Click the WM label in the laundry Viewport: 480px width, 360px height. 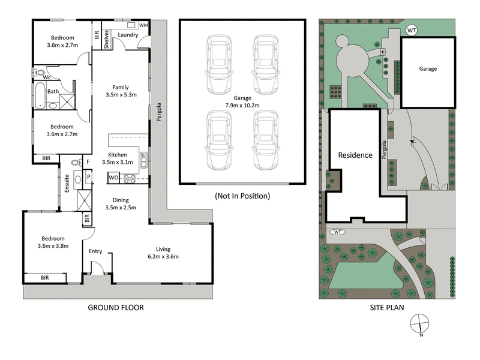point(143,26)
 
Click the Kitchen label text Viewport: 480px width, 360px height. point(117,155)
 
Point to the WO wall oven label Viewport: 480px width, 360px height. point(113,178)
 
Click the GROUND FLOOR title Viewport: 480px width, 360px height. point(116,308)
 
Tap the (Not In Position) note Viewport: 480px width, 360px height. point(242,196)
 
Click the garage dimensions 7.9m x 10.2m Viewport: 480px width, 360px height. point(242,105)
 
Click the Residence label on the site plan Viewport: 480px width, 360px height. point(356,155)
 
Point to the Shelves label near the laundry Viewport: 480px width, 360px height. point(106,39)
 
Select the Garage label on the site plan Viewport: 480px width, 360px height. point(428,68)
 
